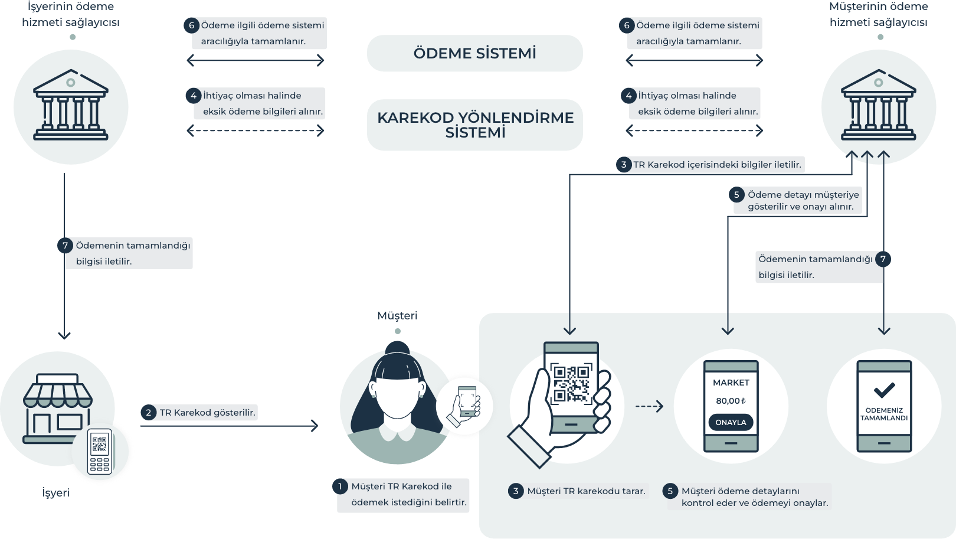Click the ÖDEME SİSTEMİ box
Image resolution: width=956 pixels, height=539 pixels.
474,54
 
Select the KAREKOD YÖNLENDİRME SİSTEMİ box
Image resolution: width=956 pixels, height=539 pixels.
474,125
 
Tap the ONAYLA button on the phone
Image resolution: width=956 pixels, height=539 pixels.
731,423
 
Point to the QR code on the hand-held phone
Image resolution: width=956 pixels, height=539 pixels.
571,384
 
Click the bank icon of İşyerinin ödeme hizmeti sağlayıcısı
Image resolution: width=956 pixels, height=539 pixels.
71,107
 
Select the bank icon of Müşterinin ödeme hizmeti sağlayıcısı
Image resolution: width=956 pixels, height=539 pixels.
879,107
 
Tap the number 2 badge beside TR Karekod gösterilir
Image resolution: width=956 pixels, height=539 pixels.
148,413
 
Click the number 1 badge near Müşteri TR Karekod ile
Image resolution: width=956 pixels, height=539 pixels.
340,486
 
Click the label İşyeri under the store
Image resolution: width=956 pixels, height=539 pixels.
56,492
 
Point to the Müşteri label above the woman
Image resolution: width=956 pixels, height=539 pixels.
397,316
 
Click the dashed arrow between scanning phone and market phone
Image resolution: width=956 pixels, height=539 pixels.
649,406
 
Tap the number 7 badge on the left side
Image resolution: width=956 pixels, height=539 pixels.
66,246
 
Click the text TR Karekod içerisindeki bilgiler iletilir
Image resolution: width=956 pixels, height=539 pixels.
717,165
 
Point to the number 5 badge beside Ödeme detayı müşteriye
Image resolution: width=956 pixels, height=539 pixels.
736,195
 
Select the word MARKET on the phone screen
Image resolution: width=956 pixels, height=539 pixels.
731,383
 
